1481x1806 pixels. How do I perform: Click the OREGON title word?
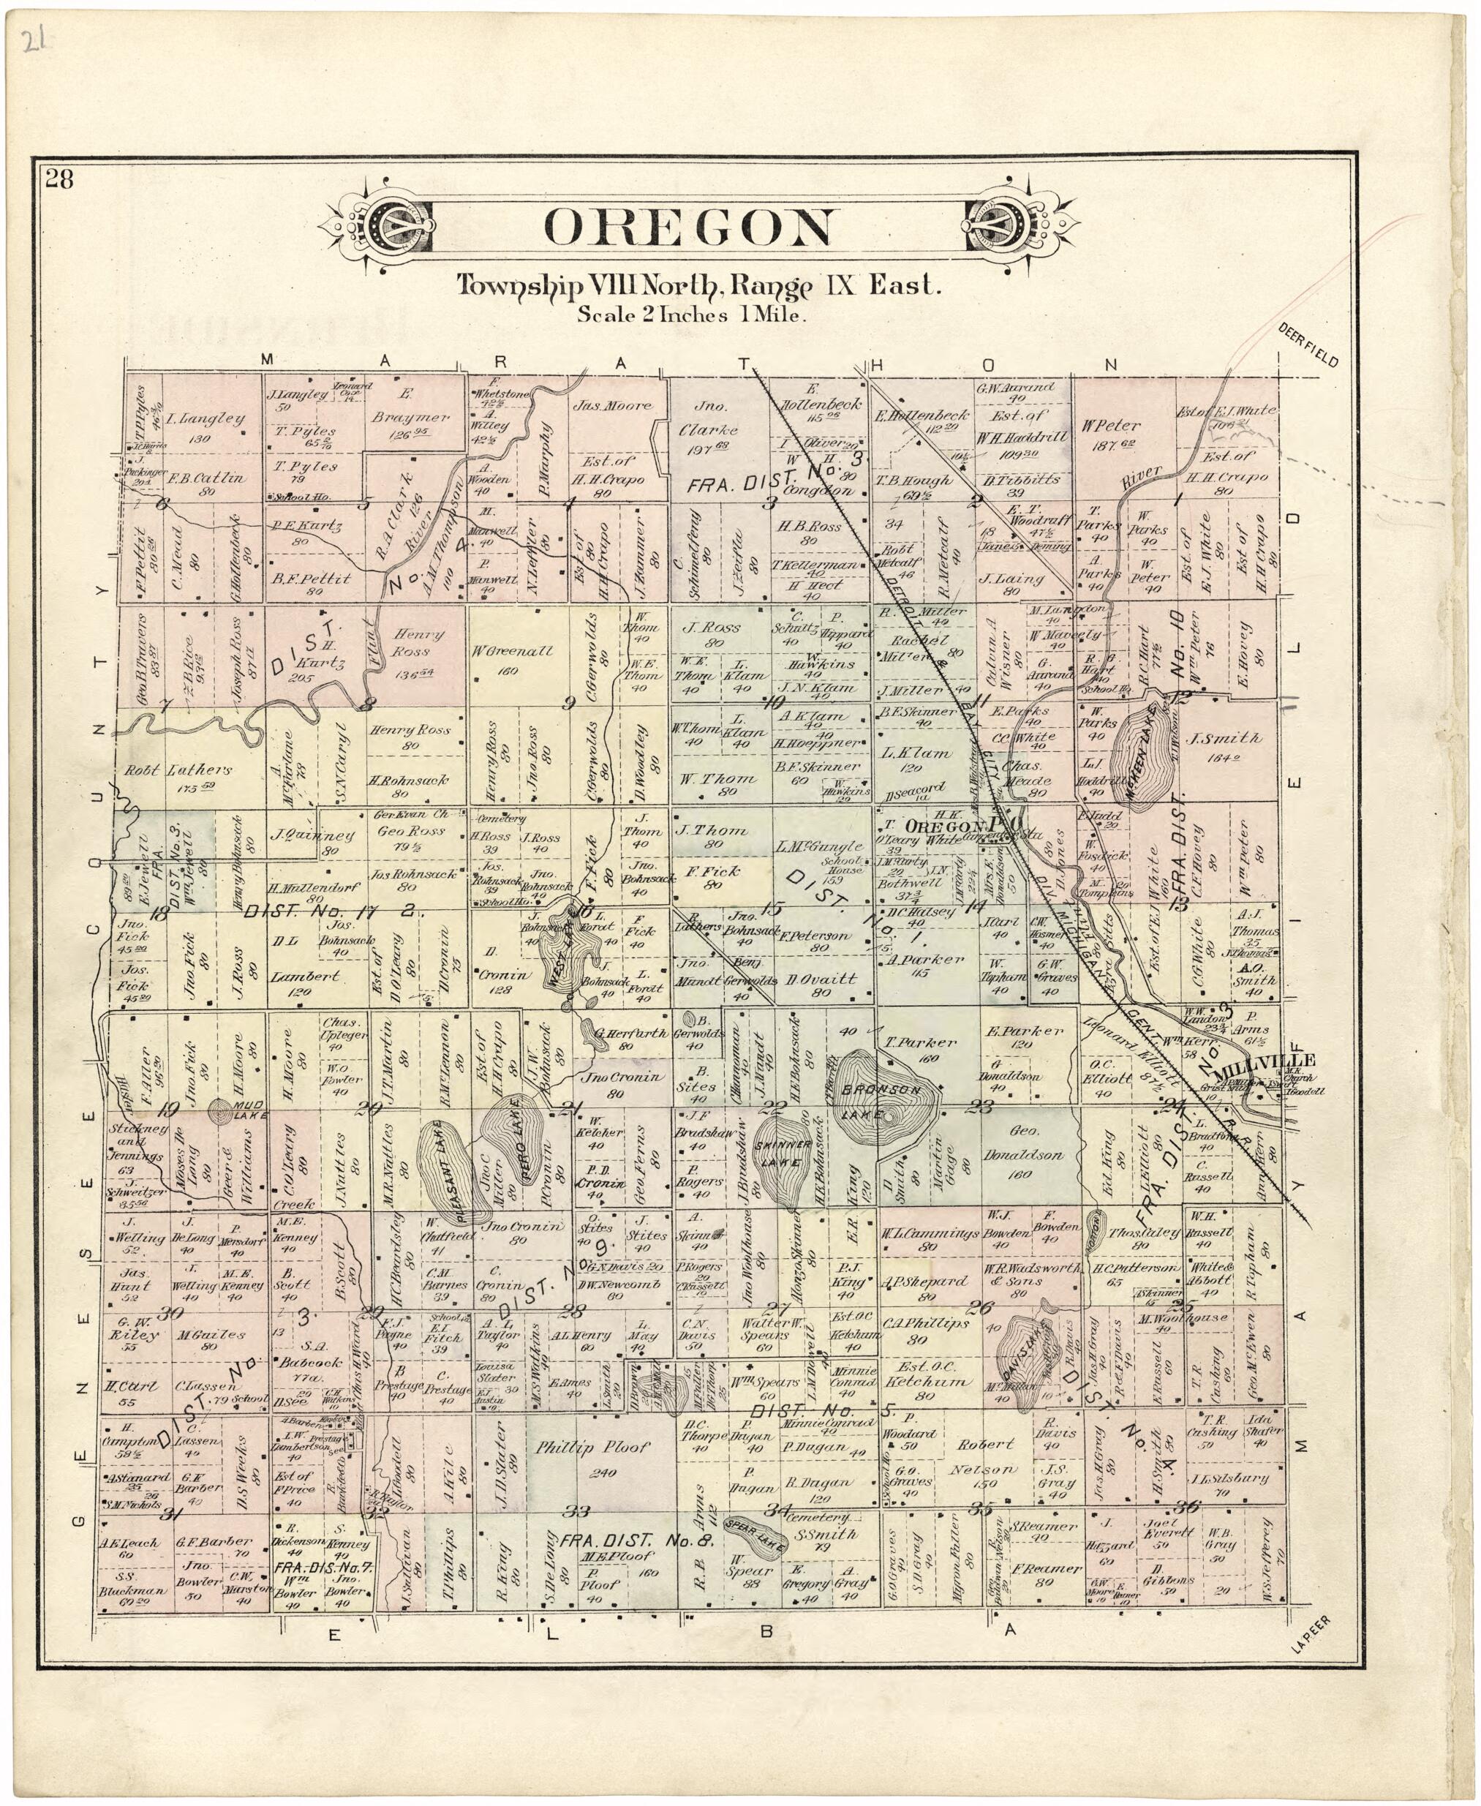pos(687,227)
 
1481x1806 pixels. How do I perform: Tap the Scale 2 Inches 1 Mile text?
pos(691,315)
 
